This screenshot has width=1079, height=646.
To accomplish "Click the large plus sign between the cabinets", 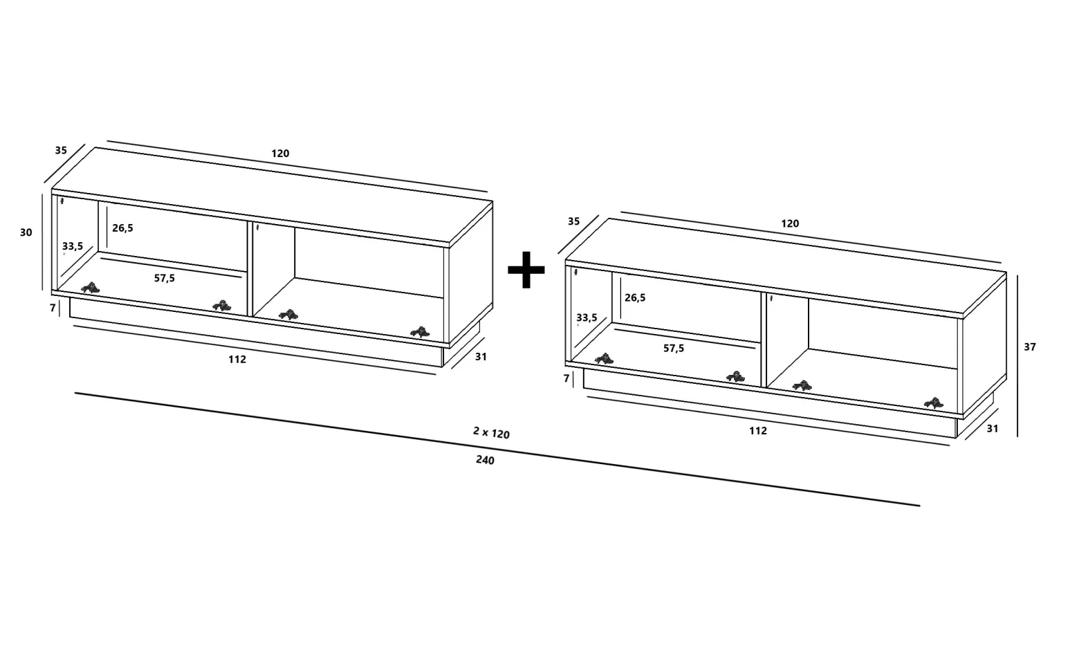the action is (x=526, y=270).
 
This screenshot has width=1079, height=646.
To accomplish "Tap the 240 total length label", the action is (x=485, y=460).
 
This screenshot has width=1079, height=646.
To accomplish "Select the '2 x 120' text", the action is (x=491, y=432).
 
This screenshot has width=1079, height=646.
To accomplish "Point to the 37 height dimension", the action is (x=1029, y=347).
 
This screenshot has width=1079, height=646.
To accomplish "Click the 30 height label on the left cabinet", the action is (x=26, y=232).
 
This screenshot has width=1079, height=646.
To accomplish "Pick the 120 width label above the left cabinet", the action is (x=280, y=153).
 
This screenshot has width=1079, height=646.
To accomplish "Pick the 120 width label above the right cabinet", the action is (x=790, y=223).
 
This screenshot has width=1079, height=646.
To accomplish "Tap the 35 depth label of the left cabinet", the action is (x=61, y=150).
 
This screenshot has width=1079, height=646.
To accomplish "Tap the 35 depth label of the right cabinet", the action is (x=573, y=221).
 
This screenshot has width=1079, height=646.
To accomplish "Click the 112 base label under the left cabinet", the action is (x=237, y=360).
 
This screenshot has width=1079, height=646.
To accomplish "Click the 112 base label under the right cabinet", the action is (x=757, y=431).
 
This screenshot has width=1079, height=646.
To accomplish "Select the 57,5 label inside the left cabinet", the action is (x=164, y=278).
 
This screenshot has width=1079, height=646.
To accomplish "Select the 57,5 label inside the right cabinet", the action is (x=674, y=349).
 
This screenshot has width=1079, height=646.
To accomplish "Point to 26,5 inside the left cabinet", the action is (x=122, y=228).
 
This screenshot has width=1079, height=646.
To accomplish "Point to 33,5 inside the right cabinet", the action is (x=587, y=317).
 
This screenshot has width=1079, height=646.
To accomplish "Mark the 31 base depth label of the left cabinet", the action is (x=481, y=356).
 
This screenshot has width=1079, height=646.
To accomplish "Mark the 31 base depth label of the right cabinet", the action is (x=993, y=428).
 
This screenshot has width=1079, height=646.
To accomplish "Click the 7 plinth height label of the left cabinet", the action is (x=53, y=308).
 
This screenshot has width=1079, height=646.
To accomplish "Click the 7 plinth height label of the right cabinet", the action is (x=566, y=378).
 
